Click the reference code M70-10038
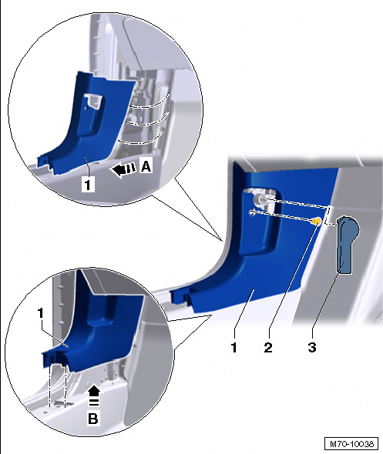click(351, 443)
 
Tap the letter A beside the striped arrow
click(146, 166)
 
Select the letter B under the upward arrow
click(92, 419)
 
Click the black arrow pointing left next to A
click(123, 169)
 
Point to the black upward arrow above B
click(94, 396)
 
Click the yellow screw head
click(317, 222)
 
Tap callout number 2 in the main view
click(268, 346)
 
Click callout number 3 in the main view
click(311, 346)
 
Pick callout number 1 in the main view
click(234, 346)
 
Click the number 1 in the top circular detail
click(88, 184)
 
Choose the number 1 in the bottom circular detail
click(41, 314)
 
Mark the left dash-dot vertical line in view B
click(50, 385)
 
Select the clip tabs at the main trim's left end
click(180, 296)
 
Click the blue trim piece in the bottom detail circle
click(96, 327)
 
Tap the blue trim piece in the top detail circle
click(87, 128)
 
